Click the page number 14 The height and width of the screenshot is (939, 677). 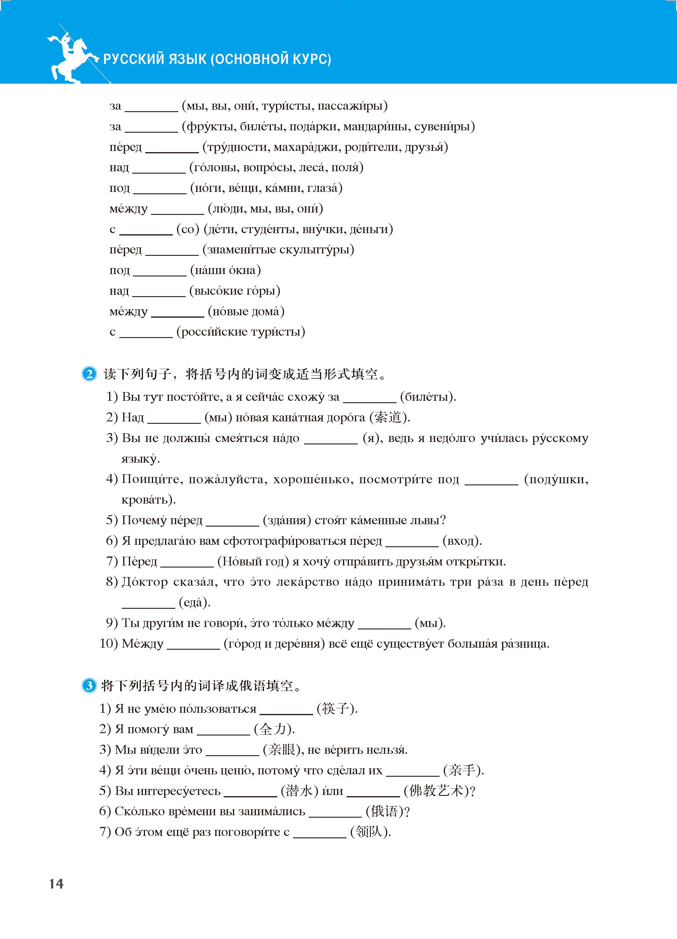(56, 884)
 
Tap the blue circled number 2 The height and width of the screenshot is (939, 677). (89, 374)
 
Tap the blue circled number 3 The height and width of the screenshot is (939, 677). (89, 686)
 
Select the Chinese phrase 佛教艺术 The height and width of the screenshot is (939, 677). (436, 791)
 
